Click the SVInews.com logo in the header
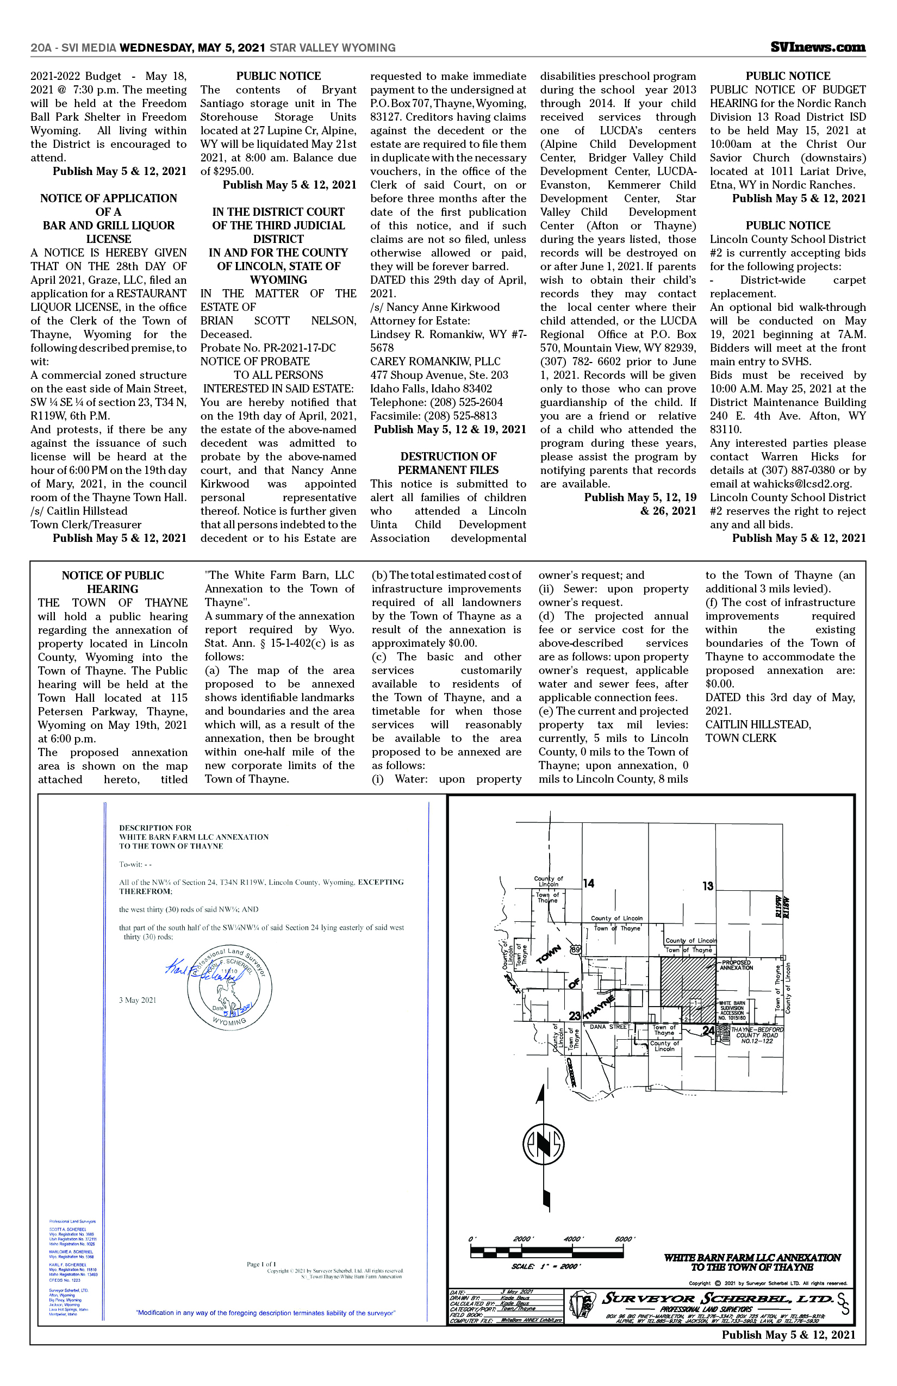[817, 48]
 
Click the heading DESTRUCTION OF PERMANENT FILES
[448, 463]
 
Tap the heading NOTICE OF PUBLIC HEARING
[113, 582]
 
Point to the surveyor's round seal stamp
[229, 986]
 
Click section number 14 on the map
[589, 883]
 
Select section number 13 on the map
[708, 886]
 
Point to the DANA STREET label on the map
[609, 1027]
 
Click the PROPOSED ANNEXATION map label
[736, 965]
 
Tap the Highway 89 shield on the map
[576, 950]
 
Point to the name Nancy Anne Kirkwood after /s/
[443, 308]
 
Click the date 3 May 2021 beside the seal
[138, 1000]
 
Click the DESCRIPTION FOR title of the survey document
[155, 827]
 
